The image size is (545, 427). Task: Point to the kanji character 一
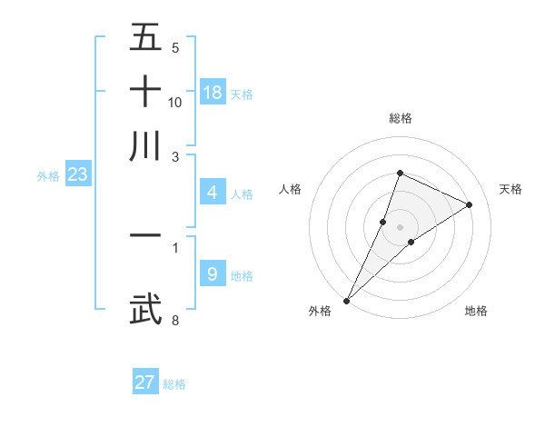point(145,235)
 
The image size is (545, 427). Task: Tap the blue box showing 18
point(213,93)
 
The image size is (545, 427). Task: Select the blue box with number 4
point(212,193)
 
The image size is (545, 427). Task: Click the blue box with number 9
point(212,274)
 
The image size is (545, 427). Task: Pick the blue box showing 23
point(76,175)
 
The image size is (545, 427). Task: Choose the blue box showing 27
point(145,382)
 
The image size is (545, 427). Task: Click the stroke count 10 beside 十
point(175,102)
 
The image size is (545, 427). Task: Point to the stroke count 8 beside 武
point(174,320)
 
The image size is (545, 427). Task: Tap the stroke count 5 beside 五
point(174,47)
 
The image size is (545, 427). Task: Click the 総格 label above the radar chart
point(400,119)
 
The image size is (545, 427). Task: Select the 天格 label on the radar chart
point(510,189)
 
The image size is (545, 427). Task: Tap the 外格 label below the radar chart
point(320,312)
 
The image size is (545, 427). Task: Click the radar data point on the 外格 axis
point(347,300)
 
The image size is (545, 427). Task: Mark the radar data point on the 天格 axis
point(470,204)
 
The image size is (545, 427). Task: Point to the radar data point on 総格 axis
point(400,173)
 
